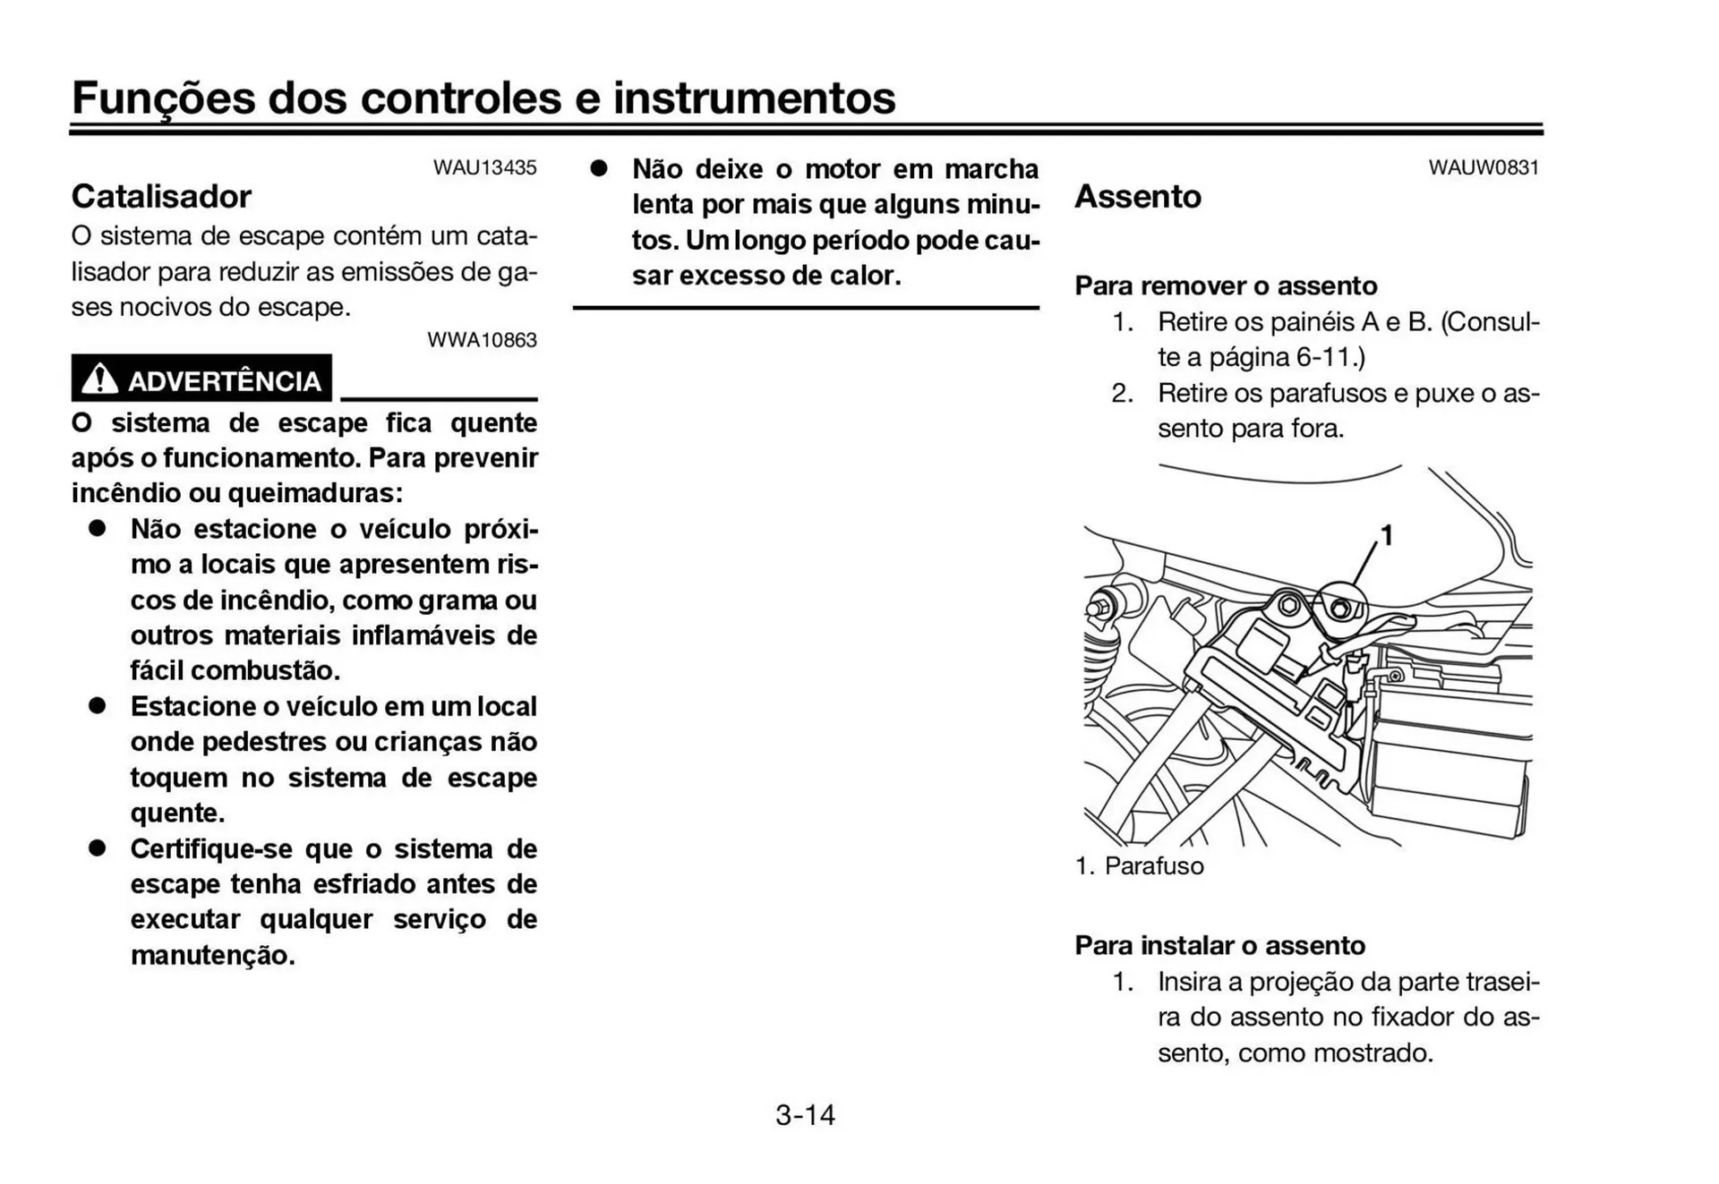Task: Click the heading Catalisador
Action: pos(161,196)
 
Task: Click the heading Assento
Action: pos(1137,196)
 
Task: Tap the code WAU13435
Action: pos(484,167)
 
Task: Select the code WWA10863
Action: pos(482,340)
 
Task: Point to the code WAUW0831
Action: pos(1484,167)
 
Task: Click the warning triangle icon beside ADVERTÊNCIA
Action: pos(98,379)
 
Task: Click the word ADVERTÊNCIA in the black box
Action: pos(224,381)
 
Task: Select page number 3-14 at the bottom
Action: pos(805,1114)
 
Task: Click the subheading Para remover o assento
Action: pos(1225,285)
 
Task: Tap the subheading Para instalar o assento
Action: pos(1219,945)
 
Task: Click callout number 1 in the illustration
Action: pos(1386,535)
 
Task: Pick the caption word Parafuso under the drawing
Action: pos(1154,865)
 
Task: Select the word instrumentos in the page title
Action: pos(754,98)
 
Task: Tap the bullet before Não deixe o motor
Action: pos(598,168)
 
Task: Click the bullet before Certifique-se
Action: pos(97,848)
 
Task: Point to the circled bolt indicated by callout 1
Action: pos(1340,609)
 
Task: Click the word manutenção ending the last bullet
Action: pos(211,955)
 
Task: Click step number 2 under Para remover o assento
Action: pos(1122,393)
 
